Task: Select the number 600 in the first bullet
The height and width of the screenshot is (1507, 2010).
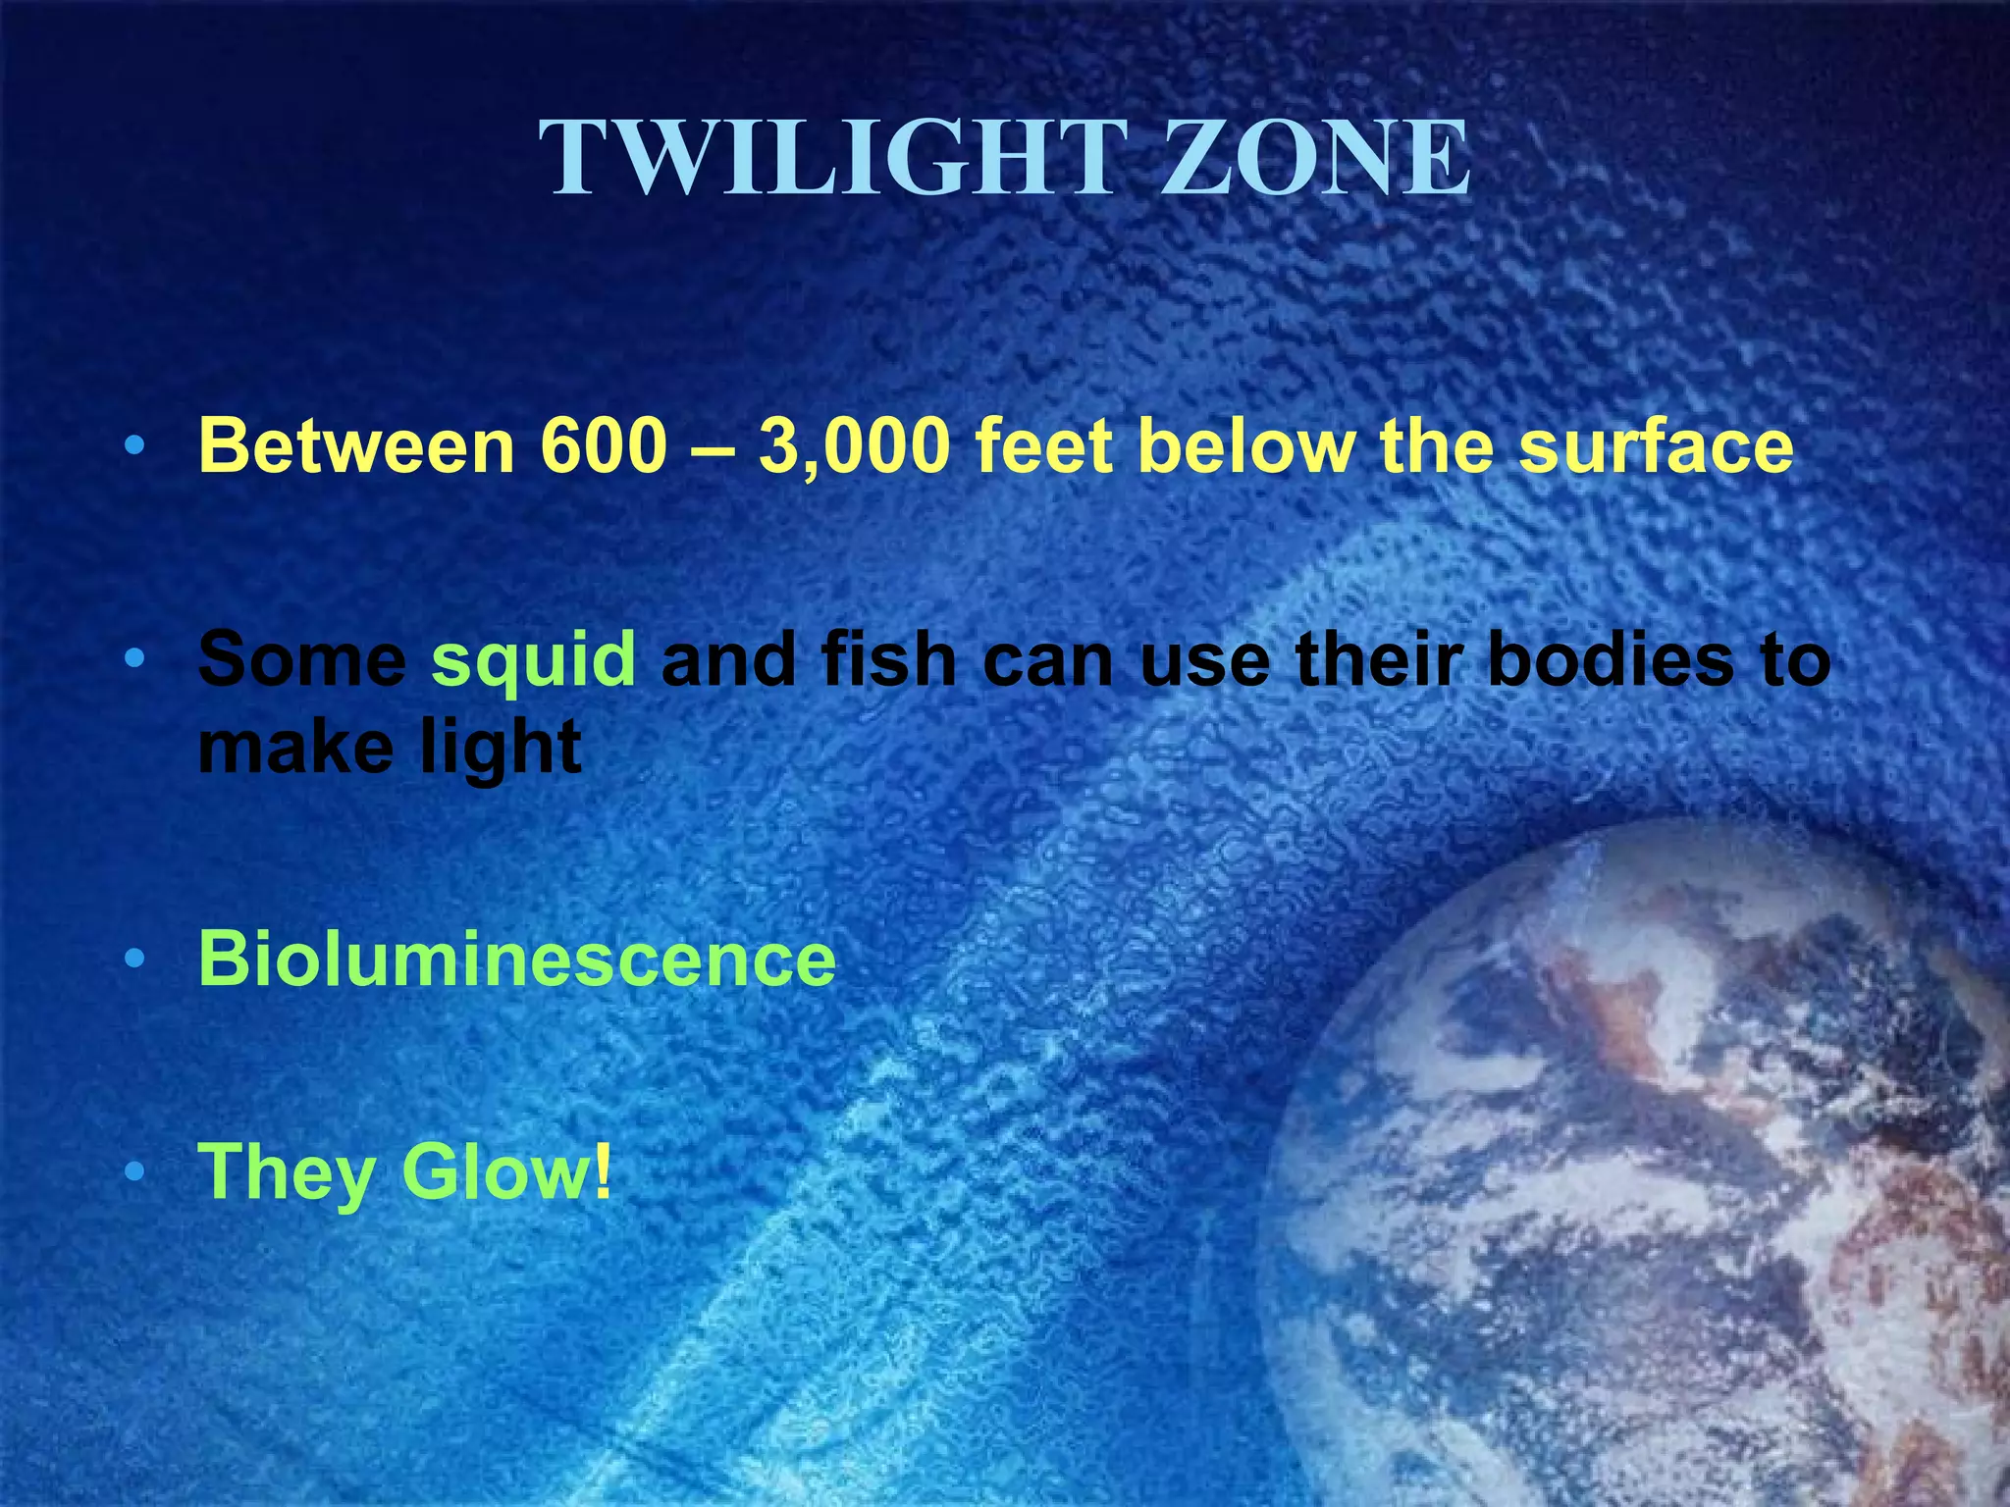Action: coord(604,446)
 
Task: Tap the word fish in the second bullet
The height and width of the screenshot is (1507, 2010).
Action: coord(889,659)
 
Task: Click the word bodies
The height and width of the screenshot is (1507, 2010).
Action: coord(1611,659)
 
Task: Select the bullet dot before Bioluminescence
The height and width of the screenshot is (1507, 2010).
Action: coord(134,959)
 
